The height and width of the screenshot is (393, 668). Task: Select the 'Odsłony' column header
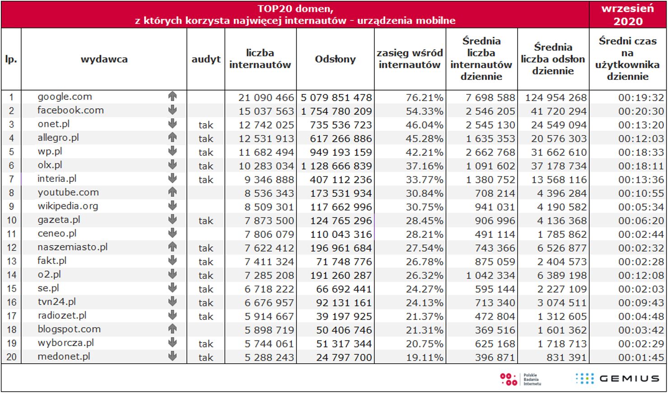(x=335, y=59)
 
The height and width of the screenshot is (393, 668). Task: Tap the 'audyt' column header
(x=206, y=59)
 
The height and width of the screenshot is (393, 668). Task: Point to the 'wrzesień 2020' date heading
(x=627, y=15)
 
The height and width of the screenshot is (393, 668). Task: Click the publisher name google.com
(x=65, y=97)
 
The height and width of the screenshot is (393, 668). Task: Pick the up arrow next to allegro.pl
(x=172, y=137)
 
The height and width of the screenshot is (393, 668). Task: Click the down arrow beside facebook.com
(x=172, y=110)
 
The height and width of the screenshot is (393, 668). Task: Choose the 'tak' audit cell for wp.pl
(x=206, y=153)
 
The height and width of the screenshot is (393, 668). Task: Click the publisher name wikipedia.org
(x=68, y=206)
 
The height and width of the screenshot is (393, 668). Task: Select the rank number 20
(x=11, y=357)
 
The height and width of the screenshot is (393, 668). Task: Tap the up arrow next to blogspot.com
(x=172, y=329)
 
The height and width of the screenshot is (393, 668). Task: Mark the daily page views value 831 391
(x=562, y=357)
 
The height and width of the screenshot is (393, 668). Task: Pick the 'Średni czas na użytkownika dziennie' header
(x=627, y=59)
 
